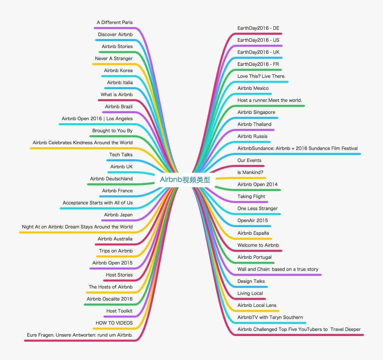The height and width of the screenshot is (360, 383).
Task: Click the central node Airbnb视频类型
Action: [x=185, y=180]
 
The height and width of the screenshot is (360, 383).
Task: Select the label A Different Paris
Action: [x=114, y=22]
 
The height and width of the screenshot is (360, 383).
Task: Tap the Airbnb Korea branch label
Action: [x=118, y=70]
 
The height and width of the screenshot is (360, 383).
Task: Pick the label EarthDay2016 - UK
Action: [x=258, y=52]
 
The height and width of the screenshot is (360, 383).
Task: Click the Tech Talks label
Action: [x=121, y=155]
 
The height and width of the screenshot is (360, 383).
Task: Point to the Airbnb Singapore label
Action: [x=256, y=112]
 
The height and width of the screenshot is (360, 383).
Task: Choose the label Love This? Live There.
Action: [x=261, y=76]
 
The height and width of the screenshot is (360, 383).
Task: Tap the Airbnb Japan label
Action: [x=118, y=215]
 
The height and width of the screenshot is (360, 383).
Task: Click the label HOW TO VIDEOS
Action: [x=114, y=323]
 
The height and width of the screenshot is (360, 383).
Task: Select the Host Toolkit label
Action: [x=119, y=311]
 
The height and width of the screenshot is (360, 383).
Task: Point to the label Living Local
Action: [x=250, y=293]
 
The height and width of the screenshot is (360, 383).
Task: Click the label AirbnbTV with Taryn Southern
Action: [x=270, y=317]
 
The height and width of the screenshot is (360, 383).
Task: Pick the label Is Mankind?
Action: [x=250, y=172]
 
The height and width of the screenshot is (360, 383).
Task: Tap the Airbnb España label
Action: [x=253, y=233]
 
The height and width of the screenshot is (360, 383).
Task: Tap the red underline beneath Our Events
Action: [x=250, y=166]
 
